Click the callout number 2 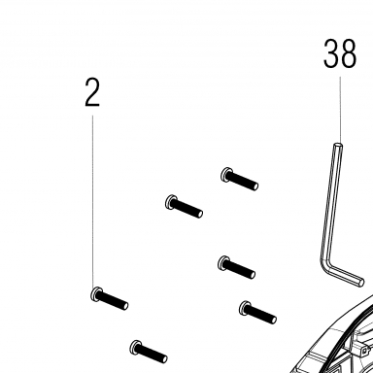(x=92, y=92)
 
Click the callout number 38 (x=340, y=53)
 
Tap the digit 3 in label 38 (x=331, y=53)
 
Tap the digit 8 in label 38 (x=349, y=53)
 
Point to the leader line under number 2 (x=92, y=201)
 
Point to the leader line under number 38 (x=340, y=110)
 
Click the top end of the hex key (x=338, y=145)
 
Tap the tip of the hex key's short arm (x=361, y=283)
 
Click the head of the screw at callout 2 (x=96, y=294)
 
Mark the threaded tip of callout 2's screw (x=125, y=305)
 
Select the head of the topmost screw (x=226, y=175)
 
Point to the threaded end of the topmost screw (x=255, y=186)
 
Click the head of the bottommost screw (x=135, y=348)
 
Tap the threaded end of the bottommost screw (x=164, y=358)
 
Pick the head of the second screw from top (x=170, y=202)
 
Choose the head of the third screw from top (x=223, y=262)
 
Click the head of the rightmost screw (x=245, y=308)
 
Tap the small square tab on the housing (x=365, y=351)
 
